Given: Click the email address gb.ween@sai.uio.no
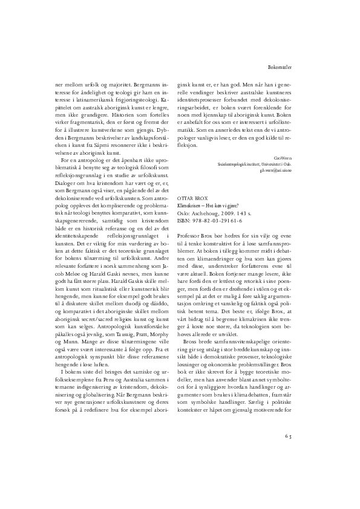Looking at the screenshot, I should point(275,171).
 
